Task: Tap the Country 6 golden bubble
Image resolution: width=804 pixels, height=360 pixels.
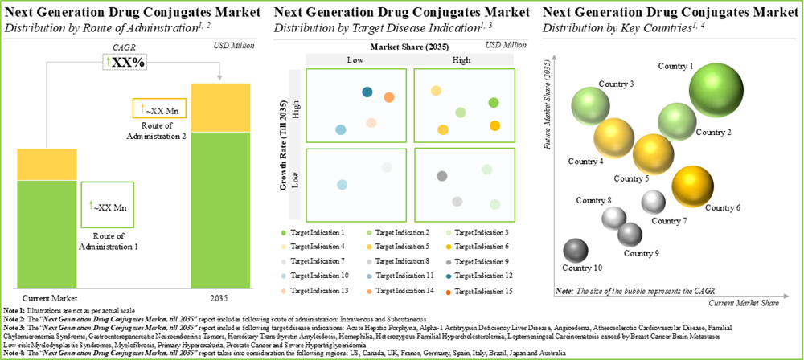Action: [x=693, y=186]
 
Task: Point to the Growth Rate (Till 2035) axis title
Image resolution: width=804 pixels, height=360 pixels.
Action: [x=284, y=144]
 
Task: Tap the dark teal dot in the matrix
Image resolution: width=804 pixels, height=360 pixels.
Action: [x=367, y=93]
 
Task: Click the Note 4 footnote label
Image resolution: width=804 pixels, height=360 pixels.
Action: [x=14, y=352]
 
